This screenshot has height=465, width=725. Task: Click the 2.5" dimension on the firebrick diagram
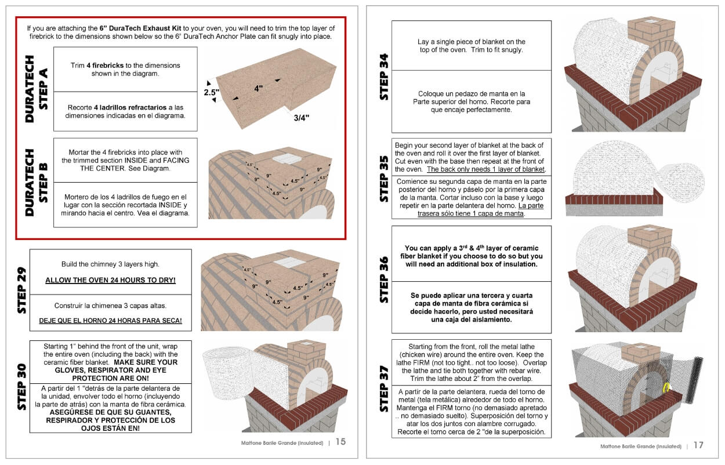[x=211, y=92]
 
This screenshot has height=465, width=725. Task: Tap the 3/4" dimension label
[x=301, y=118]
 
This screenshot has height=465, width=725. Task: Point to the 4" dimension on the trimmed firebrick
[x=258, y=89]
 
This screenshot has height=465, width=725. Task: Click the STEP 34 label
[x=384, y=77]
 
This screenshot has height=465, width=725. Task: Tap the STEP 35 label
[x=384, y=178]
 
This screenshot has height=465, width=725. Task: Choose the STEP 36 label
[x=384, y=279]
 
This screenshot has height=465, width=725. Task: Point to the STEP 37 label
[x=384, y=388]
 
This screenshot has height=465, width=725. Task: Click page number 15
[x=340, y=442]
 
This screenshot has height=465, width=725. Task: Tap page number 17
[x=698, y=445]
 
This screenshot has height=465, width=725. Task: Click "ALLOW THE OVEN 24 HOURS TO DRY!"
[x=110, y=281]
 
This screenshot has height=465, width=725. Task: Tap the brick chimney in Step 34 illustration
[x=650, y=29]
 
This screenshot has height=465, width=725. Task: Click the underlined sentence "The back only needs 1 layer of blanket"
[x=486, y=169]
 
